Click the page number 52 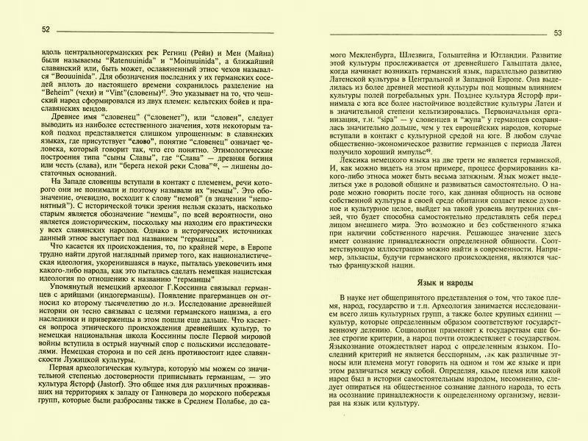(x=46, y=29)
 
